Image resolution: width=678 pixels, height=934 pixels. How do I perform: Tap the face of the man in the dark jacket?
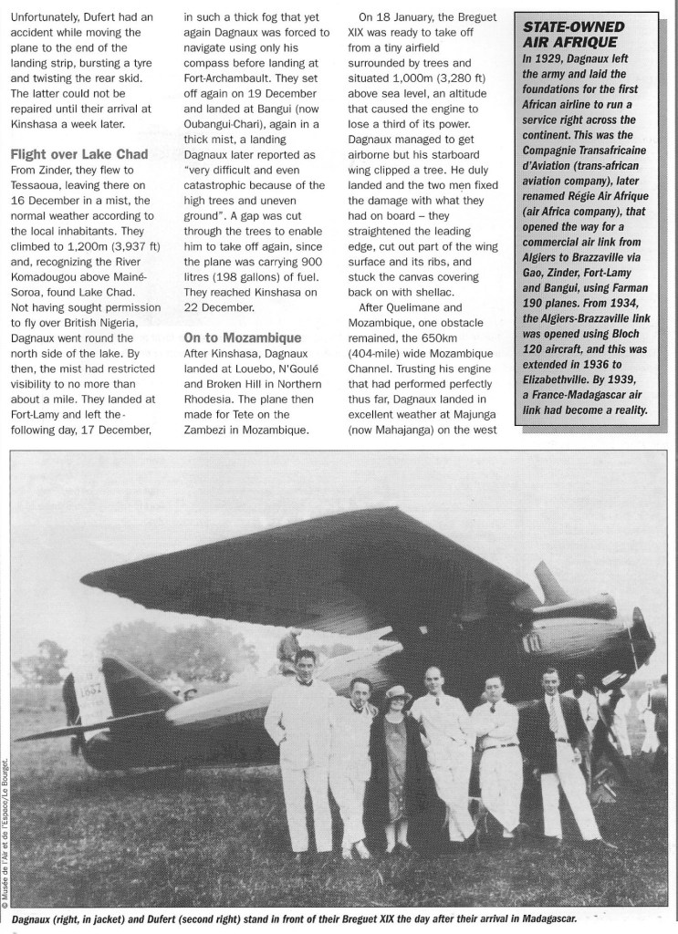coord(549,681)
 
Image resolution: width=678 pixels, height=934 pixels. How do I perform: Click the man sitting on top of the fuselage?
coord(288,649)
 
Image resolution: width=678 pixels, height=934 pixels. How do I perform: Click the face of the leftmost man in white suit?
coord(304,664)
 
